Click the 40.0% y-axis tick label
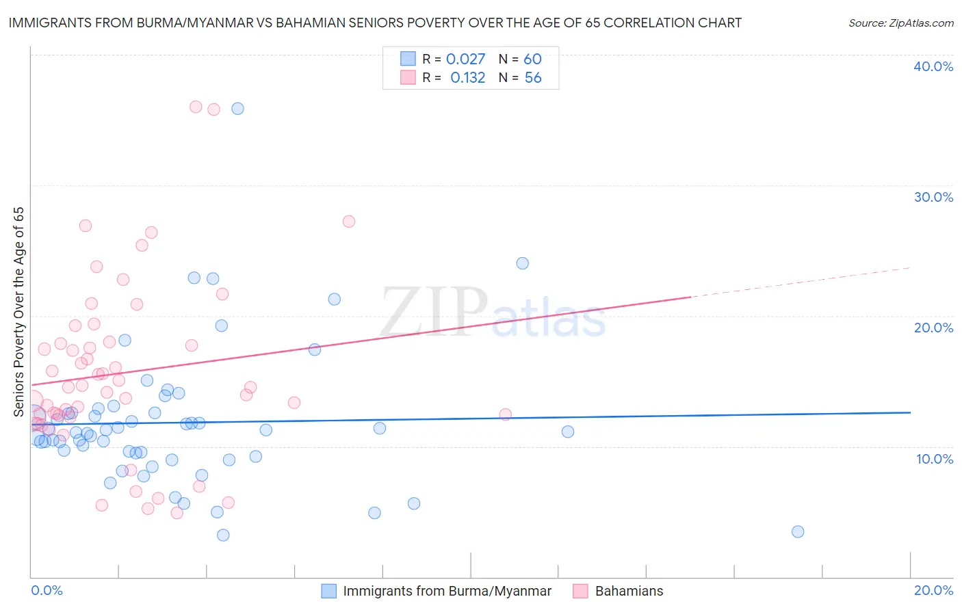933,66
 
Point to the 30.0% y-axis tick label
933,197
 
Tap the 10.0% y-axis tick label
935,459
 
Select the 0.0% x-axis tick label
47,590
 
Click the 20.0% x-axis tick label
933,590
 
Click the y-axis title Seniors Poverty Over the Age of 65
18,311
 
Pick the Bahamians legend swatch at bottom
580,591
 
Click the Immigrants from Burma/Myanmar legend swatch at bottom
328,591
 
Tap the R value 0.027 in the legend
465,59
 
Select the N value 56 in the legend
533,78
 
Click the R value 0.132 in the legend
467,78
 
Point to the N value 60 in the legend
533,59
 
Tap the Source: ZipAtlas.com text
900,23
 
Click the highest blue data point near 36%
237,109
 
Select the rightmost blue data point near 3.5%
798,531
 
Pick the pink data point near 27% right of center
348,222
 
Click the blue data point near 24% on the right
522,263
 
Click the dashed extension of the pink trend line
801,282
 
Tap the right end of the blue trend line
909,412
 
